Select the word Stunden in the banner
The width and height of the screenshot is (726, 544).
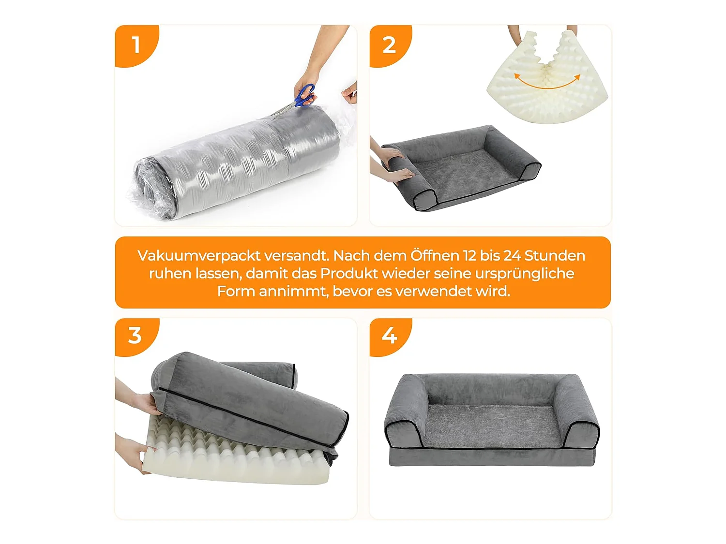555,256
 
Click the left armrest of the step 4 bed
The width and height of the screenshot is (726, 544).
408,413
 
